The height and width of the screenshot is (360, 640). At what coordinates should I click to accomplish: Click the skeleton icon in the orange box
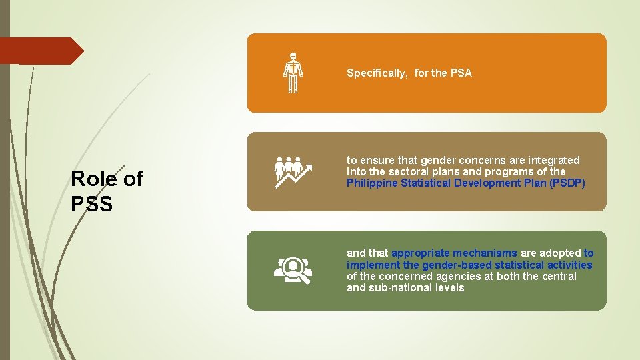[x=293, y=73]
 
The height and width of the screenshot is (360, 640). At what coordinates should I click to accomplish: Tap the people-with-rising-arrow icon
[x=293, y=172]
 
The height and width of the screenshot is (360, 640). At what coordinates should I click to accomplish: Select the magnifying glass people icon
[x=293, y=270]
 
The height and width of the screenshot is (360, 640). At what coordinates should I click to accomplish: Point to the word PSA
[x=461, y=73]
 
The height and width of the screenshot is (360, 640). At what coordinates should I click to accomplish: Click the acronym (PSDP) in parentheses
[x=567, y=183]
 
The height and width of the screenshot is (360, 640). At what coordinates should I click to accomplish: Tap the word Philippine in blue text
[x=372, y=183]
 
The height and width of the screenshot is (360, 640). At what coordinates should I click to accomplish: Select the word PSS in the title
[x=91, y=204]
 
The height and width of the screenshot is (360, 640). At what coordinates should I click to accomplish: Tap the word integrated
[x=553, y=161]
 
